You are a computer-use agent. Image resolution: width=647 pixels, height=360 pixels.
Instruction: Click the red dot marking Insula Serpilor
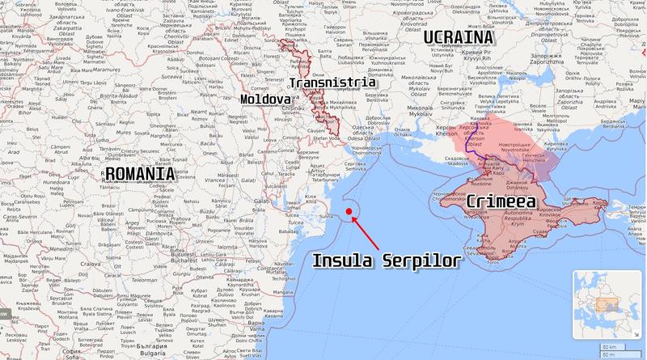pyautogui.click(x=349, y=211)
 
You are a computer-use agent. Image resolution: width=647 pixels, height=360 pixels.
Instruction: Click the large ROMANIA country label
pyautogui.click(x=140, y=173)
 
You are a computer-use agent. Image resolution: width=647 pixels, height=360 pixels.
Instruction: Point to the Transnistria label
pyautogui.click(x=332, y=83)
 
